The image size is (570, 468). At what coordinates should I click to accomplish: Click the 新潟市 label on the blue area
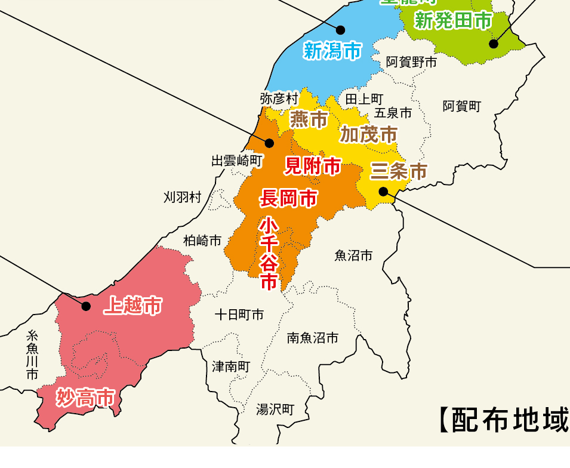coord(332,51)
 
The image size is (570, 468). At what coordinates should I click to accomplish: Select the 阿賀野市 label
coord(411,61)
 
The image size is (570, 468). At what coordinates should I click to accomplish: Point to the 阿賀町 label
coord(461,106)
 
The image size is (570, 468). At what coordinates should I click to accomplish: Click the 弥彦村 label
coord(279,98)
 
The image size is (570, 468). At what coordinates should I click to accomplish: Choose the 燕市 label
coord(309,119)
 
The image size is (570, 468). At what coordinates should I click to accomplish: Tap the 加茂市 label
coord(368,135)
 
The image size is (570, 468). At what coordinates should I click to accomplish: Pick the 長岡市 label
coord(288,198)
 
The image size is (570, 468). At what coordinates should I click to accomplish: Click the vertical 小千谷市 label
coord(269,253)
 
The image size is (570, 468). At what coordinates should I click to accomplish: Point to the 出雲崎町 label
coord(237,161)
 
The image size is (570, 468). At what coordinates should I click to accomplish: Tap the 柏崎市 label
coord(202,241)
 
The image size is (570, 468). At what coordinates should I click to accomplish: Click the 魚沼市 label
coord(353,256)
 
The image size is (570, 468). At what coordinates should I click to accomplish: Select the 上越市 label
coord(133,306)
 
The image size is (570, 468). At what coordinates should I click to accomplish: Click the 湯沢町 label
coord(275,410)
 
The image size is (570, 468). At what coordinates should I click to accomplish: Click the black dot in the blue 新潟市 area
coord(341,29)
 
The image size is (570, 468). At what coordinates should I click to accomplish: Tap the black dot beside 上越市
coord(86,306)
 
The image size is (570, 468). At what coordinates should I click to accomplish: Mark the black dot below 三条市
coord(383,191)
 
